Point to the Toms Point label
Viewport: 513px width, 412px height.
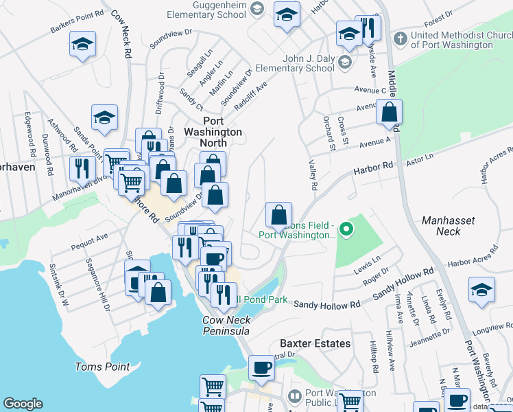[x=102, y=367]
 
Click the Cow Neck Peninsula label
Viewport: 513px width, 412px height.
[x=226, y=325]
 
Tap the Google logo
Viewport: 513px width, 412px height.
[x=23, y=404]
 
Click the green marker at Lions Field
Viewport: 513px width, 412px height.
[x=347, y=229]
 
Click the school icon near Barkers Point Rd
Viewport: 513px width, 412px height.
[x=83, y=45]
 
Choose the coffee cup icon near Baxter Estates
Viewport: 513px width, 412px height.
[x=261, y=367]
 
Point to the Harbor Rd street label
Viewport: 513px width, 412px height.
[x=373, y=168]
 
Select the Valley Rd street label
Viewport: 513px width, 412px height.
[x=313, y=174]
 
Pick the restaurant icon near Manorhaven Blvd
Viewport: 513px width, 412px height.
[x=82, y=168]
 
